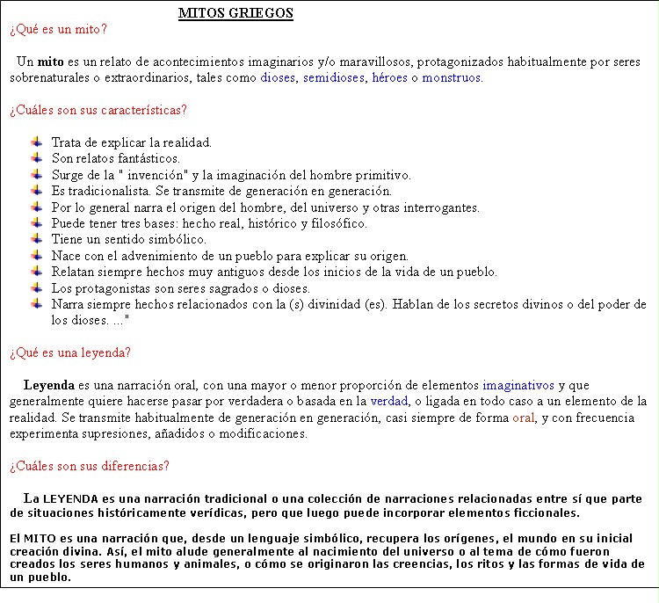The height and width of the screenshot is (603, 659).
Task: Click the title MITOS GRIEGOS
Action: (x=235, y=13)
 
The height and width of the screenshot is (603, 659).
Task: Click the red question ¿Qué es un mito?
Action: (x=59, y=29)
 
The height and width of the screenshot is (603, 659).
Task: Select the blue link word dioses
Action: (x=278, y=77)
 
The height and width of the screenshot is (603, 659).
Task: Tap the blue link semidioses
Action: (x=334, y=77)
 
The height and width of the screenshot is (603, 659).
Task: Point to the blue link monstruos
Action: (x=452, y=77)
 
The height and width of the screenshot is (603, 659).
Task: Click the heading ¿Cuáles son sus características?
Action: (x=98, y=110)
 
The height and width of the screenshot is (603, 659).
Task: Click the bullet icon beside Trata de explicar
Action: (x=36, y=142)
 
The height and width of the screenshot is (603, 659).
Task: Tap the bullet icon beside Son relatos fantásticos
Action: (x=36, y=158)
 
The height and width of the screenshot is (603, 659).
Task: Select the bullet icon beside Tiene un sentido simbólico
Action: (x=36, y=239)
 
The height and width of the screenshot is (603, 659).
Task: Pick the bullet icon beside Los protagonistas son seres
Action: (x=36, y=287)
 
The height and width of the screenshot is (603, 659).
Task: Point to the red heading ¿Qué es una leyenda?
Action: (x=70, y=352)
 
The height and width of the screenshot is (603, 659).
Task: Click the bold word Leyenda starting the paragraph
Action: (x=49, y=385)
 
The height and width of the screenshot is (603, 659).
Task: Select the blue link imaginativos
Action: (x=518, y=385)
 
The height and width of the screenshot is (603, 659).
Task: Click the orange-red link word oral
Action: (x=524, y=418)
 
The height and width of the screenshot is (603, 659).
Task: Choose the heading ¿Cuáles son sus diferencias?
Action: (x=90, y=465)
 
